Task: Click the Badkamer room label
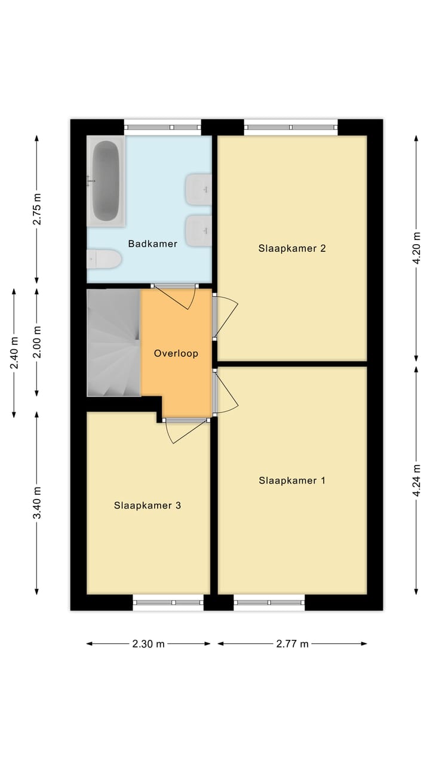point(153,244)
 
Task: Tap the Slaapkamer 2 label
point(292,248)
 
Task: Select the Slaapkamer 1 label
point(292,480)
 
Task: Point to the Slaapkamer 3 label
point(148,506)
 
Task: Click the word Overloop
point(176,353)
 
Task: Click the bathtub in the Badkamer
point(106,181)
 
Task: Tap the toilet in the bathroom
point(105,260)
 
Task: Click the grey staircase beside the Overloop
point(113,343)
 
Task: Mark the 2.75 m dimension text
point(37,210)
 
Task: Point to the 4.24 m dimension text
point(417,480)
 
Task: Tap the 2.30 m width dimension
point(149,644)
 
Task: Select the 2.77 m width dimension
point(292,644)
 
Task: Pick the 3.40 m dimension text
point(37,503)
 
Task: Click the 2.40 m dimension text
point(14,353)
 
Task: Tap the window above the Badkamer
point(162,127)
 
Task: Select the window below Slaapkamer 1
point(269,602)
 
